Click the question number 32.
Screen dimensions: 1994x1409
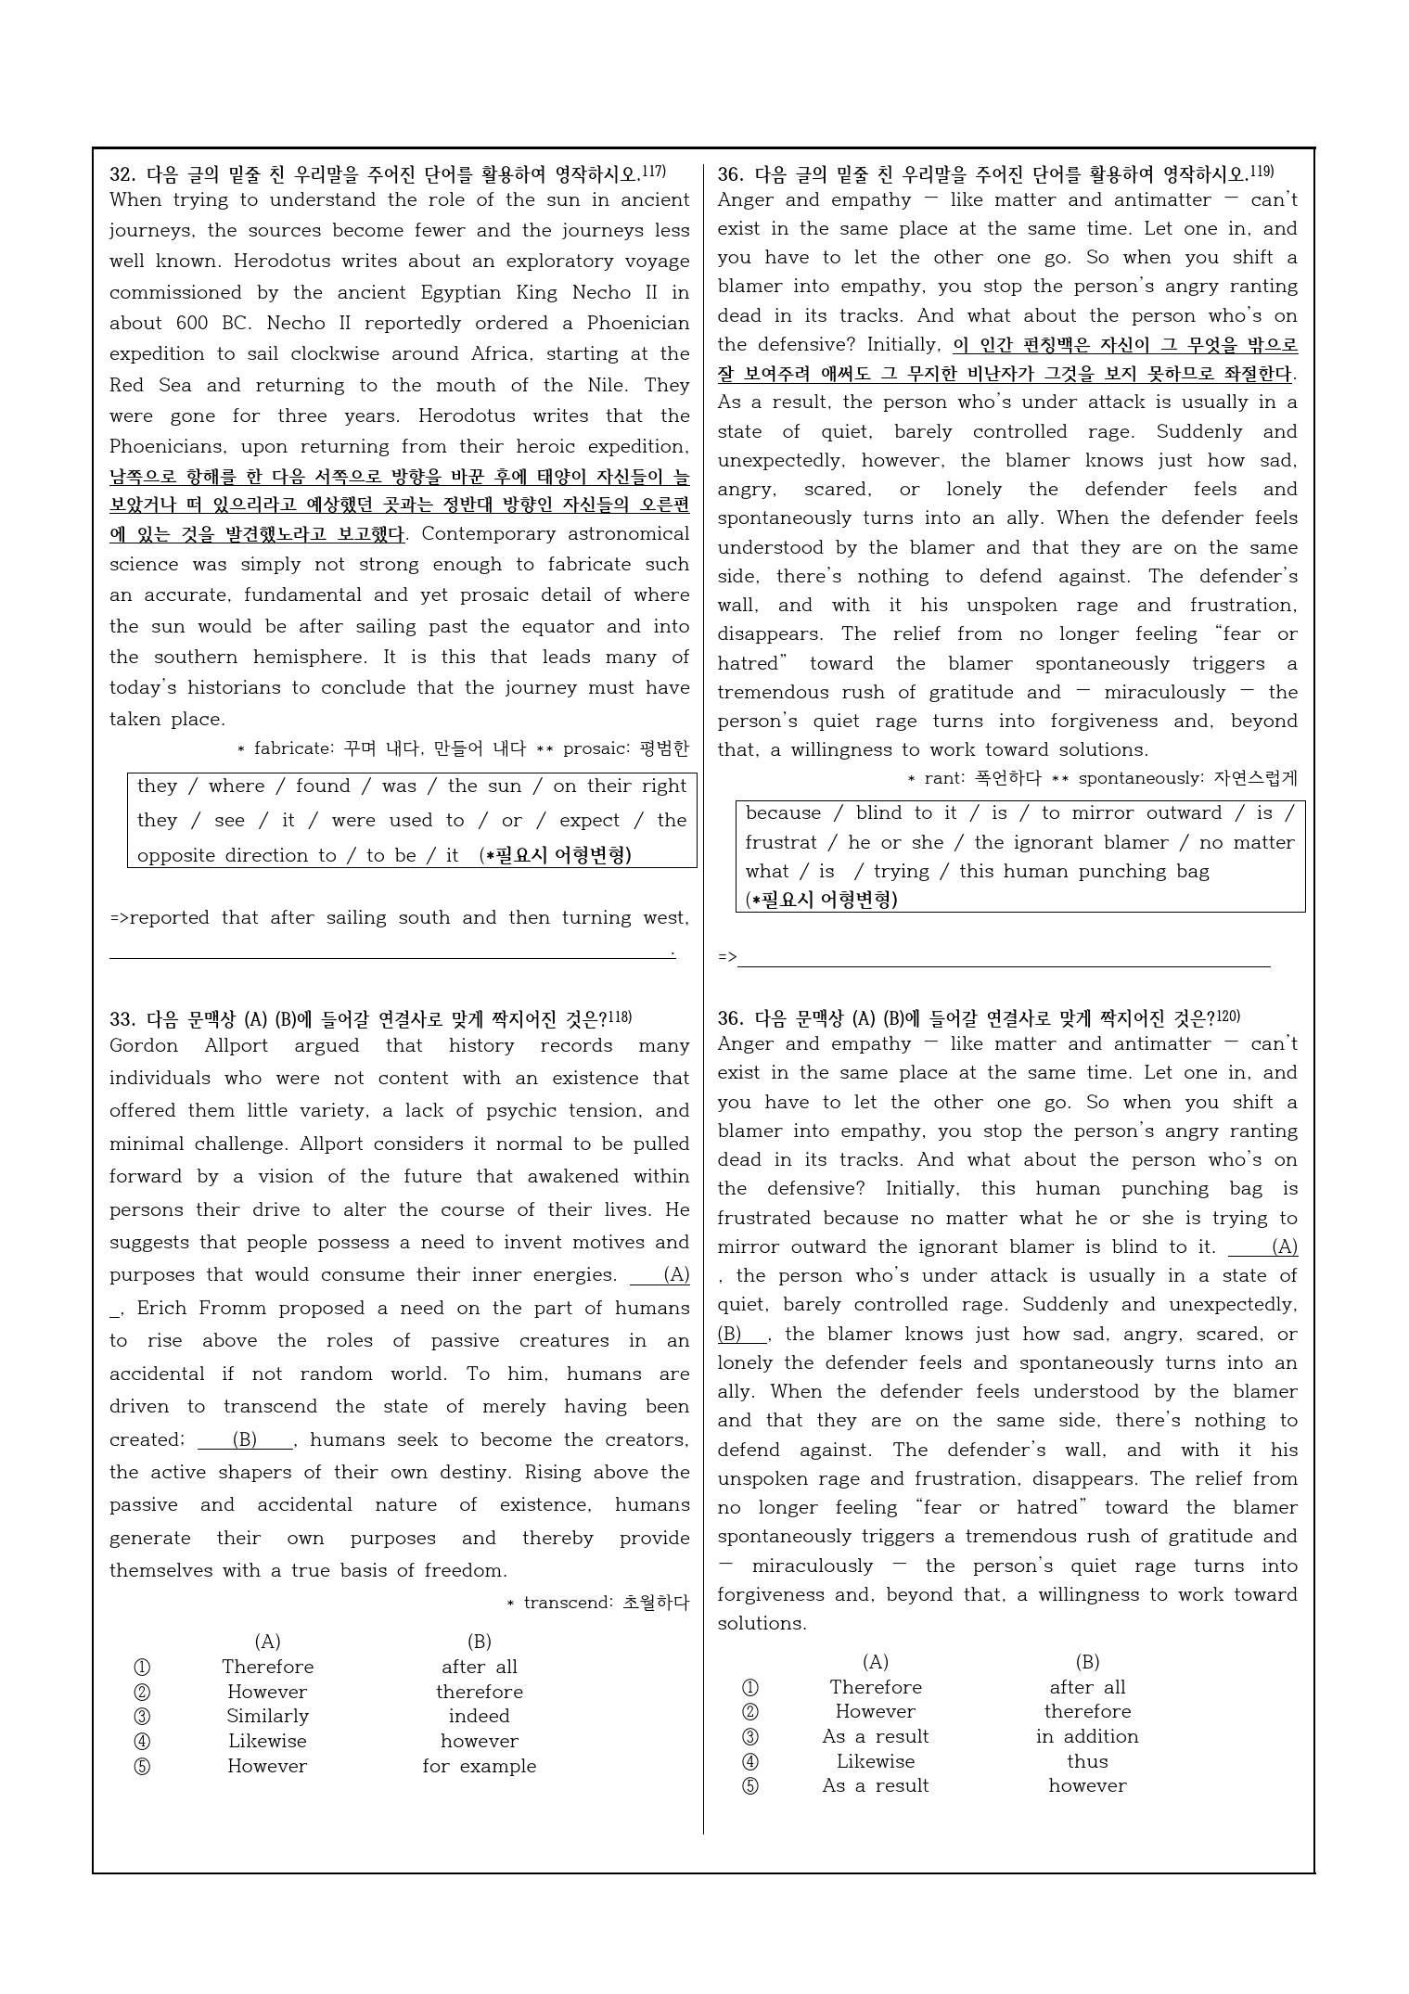[122, 174]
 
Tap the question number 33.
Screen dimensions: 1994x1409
[122, 1019]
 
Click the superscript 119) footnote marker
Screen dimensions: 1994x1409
[1262, 172]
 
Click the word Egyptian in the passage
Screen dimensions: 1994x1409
[459, 293]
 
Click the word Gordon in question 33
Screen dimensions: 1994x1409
[143, 1046]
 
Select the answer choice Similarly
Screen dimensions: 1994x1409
[267, 1716]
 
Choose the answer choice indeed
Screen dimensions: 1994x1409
[479, 1716]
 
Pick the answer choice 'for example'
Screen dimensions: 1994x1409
[479, 1766]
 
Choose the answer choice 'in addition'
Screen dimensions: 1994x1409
[1086, 1736]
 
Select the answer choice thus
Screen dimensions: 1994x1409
[1086, 1761]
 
